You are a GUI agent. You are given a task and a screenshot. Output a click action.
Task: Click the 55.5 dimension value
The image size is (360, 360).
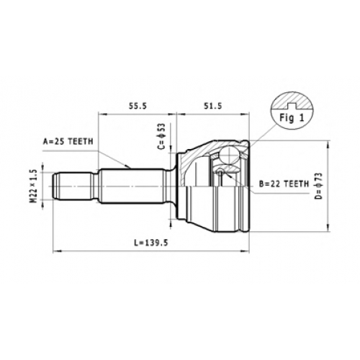click(138, 106)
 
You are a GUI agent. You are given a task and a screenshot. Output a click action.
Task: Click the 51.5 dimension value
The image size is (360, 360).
click(213, 106)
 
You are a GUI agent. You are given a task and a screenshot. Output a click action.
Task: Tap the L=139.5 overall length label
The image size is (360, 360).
click(151, 243)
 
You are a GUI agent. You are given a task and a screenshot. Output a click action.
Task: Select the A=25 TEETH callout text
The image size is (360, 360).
click(68, 142)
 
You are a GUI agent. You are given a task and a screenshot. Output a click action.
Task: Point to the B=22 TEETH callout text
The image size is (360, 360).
click(284, 184)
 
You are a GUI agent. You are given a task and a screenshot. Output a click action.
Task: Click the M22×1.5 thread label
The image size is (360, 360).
click(34, 186)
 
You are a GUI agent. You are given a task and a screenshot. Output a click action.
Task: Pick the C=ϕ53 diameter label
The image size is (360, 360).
click(162, 136)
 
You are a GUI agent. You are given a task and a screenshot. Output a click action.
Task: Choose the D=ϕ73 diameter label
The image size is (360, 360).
click(318, 186)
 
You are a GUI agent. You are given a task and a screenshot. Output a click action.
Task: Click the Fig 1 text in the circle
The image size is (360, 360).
click(292, 118)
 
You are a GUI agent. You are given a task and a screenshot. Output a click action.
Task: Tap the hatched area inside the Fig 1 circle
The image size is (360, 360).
click(292, 100)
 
